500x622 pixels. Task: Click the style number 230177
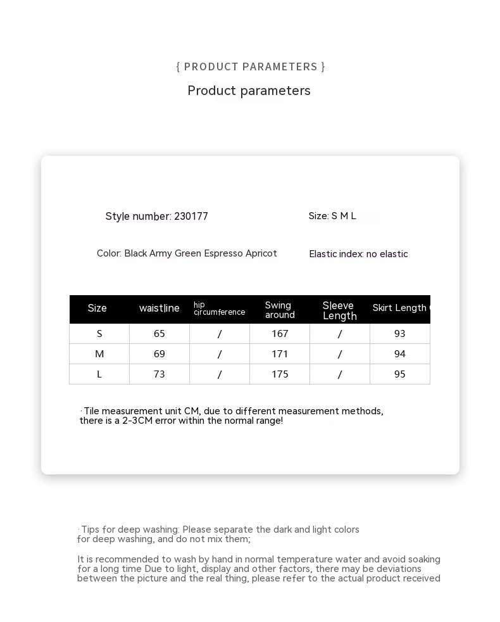(x=191, y=217)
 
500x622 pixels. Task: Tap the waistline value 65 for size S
(x=159, y=334)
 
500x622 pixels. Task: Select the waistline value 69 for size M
(x=159, y=354)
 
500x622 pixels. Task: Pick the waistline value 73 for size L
(x=159, y=374)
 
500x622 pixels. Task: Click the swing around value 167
(x=280, y=334)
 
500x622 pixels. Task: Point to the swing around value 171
(x=280, y=354)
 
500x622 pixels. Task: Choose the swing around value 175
(x=280, y=374)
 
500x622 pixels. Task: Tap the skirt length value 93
(x=400, y=334)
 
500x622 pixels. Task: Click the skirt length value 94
(x=400, y=354)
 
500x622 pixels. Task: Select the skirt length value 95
(x=400, y=374)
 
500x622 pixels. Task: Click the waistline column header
(x=159, y=308)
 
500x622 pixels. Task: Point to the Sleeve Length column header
(x=339, y=310)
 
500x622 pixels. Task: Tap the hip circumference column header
(x=219, y=308)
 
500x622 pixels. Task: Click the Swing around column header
(x=280, y=310)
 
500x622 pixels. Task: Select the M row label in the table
(x=99, y=354)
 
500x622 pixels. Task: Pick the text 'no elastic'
(x=387, y=254)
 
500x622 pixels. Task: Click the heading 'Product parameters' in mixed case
(x=249, y=91)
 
